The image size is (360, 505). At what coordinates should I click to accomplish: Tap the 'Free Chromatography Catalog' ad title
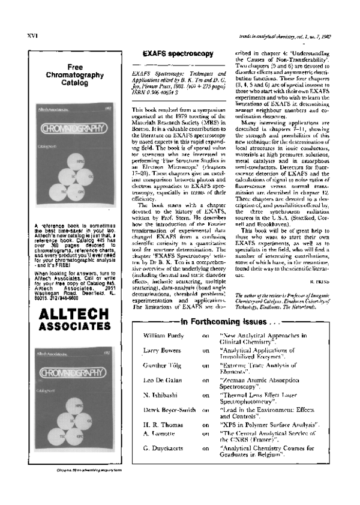[75, 76]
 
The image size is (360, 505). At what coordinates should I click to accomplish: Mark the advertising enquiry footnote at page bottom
[75, 485]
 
